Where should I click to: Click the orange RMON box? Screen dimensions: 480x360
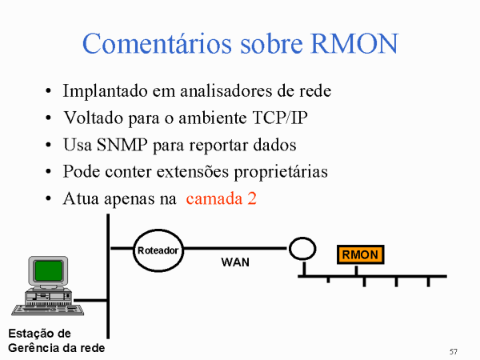(x=360, y=254)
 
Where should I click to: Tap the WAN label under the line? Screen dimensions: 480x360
(x=235, y=262)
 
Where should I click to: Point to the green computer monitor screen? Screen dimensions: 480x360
(x=49, y=270)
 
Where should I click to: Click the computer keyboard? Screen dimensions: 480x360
(x=48, y=310)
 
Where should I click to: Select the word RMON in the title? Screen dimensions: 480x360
(x=354, y=43)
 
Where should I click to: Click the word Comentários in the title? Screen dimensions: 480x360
(x=157, y=43)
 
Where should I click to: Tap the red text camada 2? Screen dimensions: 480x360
(x=221, y=198)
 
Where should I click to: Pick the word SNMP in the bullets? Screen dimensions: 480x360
(x=122, y=145)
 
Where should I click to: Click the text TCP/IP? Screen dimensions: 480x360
(x=280, y=118)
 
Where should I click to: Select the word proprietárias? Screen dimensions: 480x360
(x=281, y=172)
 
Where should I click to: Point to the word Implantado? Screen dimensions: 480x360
(x=105, y=91)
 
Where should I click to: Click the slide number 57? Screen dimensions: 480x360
(x=454, y=352)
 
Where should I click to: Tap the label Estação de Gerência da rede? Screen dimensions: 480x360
(x=57, y=341)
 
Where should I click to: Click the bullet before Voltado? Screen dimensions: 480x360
(x=48, y=118)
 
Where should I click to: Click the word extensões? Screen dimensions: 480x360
(x=193, y=172)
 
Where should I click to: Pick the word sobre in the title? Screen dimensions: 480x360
(x=271, y=43)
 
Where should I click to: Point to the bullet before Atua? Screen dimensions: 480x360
(x=48, y=198)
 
